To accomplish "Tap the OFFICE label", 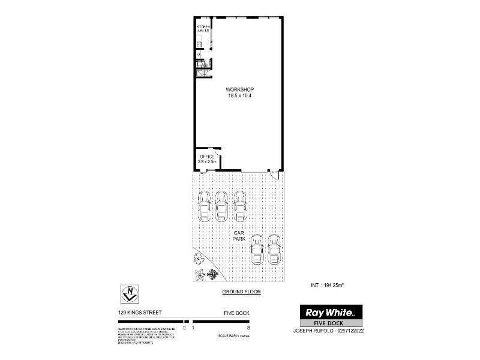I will pyautogui.click(x=207, y=157).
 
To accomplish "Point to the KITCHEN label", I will pyautogui.click(x=203, y=27).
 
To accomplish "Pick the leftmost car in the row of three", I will pyautogui.click(x=204, y=206).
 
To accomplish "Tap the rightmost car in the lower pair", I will pyautogui.click(x=275, y=249).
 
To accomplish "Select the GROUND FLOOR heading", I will pyautogui.click(x=239, y=292).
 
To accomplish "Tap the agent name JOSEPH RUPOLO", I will pyautogui.click(x=311, y=330).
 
